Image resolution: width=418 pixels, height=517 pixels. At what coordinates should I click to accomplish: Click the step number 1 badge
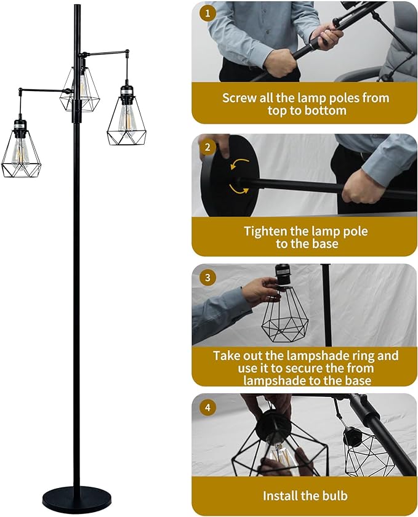coord(207,13)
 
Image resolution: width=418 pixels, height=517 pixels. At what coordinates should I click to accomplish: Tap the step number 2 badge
coord(207,146)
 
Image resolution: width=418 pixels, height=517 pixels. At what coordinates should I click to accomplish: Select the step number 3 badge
coord(207,278)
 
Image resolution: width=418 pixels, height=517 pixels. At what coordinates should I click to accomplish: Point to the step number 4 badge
coord(207,407)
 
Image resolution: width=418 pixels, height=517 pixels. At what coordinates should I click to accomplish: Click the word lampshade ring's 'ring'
coord(361,356)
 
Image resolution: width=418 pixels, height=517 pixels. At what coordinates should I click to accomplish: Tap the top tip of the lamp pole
coord(77,5)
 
